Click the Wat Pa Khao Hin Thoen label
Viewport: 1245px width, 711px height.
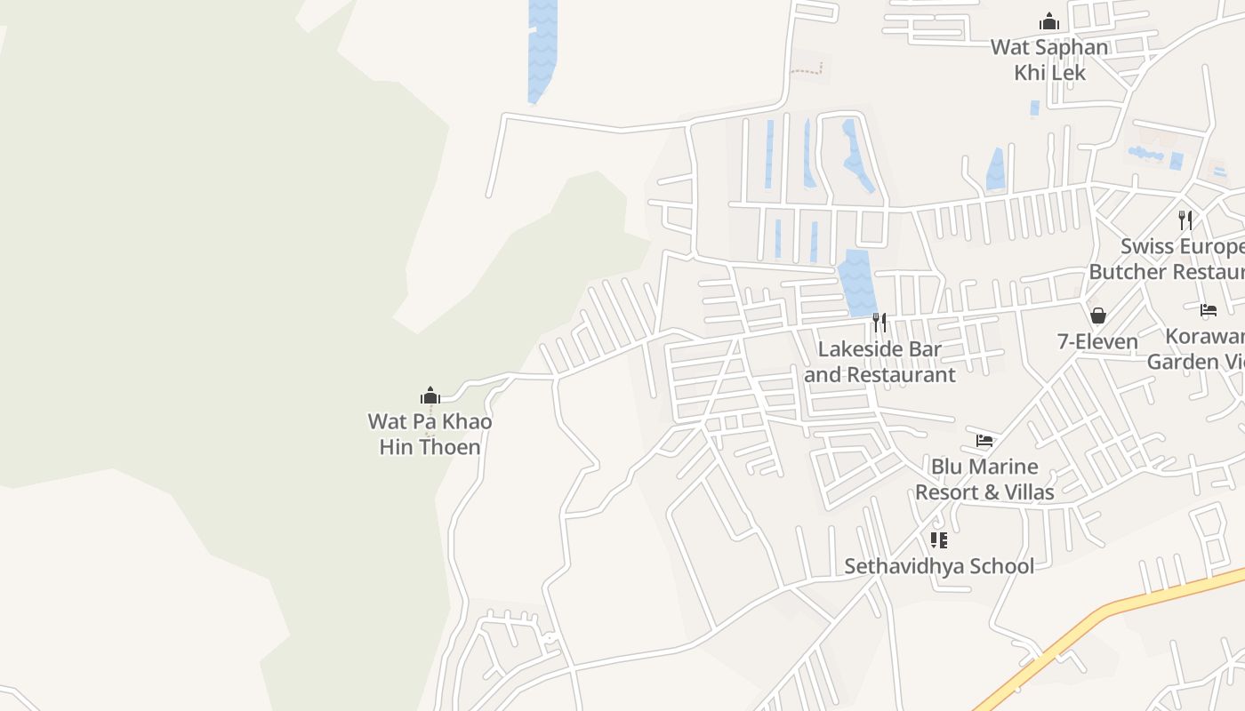click(x=430, y=434)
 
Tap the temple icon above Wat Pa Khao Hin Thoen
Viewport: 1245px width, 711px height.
click(x=430, y=395)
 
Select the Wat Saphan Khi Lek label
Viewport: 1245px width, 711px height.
click(x=1050, y=60)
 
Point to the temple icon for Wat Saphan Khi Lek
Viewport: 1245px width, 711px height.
click(x=1049, y=21)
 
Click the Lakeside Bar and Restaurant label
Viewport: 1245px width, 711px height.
click(x=880, y=362)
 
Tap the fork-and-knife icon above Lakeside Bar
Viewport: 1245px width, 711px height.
click(x=879, y=322)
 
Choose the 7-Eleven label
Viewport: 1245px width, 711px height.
click(x=1097, y=341)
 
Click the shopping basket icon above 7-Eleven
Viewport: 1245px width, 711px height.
click(x=1098, y=316)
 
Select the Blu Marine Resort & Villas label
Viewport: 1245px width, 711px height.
click(x=984, y=479)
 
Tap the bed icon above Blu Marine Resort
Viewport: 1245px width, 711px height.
click(x=984, y=440)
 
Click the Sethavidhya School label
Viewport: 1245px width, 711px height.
click(x=939, y=566)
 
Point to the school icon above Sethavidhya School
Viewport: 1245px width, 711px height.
click(x=938, y=539)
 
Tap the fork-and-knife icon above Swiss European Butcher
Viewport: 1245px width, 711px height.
click(x=1185, y=220)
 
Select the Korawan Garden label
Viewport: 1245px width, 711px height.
click(x=1195, y=349)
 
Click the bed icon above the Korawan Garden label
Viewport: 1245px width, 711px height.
click(x=1209, y=310)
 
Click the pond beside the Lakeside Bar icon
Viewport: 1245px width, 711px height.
click(x=857, y=283)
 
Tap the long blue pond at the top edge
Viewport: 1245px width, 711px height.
click(x=542, y=49)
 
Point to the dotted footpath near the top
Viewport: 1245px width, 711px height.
click(x=807, y=69)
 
